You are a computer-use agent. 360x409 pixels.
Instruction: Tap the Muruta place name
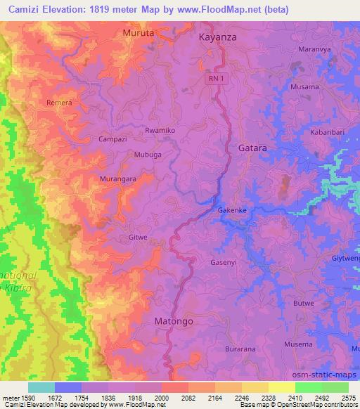click(x=138, y=32)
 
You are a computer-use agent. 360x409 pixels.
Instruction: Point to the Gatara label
click(x=252, y=148)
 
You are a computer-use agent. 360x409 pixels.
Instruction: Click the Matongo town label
click(x=173, y=320)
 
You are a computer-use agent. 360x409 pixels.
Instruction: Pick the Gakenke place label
click(x=231, y=210)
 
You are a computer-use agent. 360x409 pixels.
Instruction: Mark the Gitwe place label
click(x=138, y=238)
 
